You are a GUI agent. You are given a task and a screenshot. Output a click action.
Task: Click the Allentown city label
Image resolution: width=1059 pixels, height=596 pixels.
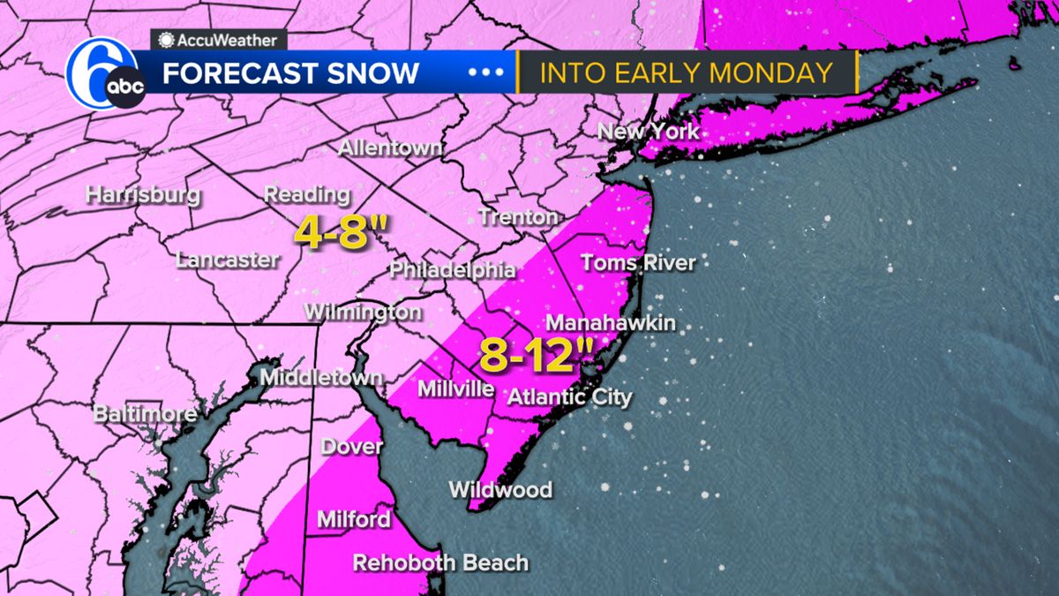[390, 147]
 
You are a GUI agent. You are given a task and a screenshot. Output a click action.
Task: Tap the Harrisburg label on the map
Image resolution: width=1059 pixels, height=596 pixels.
[143, 195]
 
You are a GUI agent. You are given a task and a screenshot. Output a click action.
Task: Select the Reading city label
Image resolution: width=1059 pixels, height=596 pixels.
[308, 194]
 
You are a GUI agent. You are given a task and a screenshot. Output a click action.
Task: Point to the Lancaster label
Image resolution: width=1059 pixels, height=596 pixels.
[228, 260]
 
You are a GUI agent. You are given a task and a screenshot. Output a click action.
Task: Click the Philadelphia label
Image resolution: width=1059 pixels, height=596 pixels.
[452, 269]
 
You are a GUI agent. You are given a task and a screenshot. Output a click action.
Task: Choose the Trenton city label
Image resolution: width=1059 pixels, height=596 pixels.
[518, 216]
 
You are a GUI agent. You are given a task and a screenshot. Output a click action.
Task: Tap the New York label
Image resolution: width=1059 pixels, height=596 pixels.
[648, 132]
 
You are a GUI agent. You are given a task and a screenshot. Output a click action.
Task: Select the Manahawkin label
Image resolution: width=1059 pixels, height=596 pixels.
[611, 323]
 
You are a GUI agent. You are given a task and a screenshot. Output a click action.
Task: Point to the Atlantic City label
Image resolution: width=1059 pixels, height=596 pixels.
[569, 396]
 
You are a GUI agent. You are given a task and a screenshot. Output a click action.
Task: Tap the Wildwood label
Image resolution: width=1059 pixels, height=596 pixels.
[500, 489]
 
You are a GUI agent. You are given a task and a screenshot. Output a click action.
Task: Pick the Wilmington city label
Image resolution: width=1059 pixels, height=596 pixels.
[363, 312]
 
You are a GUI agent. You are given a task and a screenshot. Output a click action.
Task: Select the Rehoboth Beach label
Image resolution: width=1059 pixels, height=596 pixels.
[440, 562]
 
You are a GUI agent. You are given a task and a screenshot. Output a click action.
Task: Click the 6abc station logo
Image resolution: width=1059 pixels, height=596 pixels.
[102, 74]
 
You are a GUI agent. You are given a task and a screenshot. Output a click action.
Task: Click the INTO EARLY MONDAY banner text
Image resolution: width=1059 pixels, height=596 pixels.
[687, 72]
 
